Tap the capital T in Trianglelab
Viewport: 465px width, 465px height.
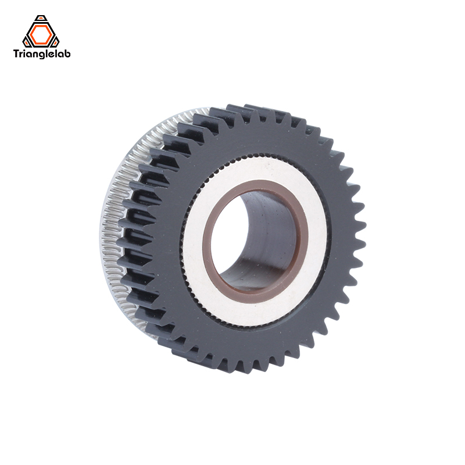click(16, 55)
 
